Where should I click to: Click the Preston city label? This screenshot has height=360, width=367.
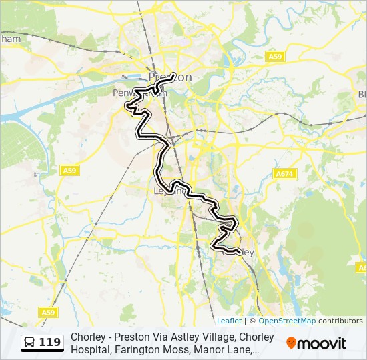(170, 77)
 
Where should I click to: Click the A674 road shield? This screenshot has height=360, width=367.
(284, 174)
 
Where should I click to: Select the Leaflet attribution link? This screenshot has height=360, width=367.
(229, 321)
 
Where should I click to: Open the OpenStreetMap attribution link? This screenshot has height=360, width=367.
(287, 321)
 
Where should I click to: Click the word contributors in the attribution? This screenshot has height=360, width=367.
(340, 321)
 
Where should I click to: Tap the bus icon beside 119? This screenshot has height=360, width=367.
(30, 343)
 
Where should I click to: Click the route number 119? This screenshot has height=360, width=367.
(49, 343)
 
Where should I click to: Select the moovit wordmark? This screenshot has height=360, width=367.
(322, 343)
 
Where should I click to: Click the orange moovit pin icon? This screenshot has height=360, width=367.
(291, 343)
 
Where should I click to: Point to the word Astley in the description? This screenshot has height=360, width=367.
(185, 337)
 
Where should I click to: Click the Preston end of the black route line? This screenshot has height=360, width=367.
(174, 75)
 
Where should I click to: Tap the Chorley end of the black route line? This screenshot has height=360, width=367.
(239, 253)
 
